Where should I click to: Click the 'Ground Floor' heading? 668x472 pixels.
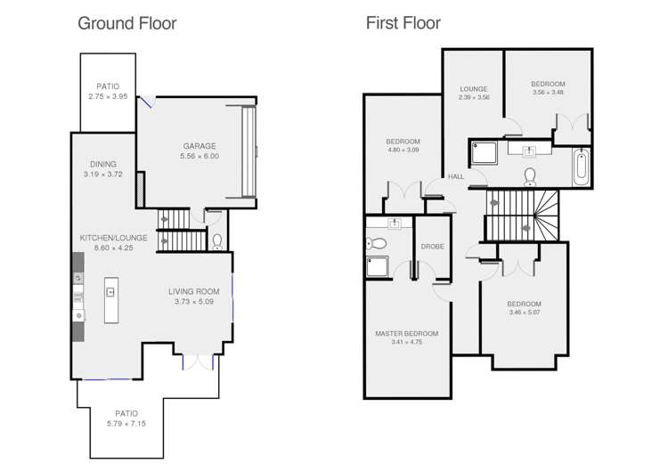tap(126, 23)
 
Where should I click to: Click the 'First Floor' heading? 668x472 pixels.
tap(403, 23)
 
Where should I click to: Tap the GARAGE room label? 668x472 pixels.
tap(200, 146)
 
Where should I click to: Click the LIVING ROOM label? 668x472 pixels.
tap(193, 291)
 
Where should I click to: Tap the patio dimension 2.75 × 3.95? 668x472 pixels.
tap(108, 96)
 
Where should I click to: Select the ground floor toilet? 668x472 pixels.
tap(217, 240)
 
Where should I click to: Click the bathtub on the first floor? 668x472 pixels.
tap(581, 167)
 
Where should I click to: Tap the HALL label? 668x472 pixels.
tap(456, 176)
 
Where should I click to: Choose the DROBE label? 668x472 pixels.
tap(433, 246)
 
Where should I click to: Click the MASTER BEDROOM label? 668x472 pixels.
tap(406, 333)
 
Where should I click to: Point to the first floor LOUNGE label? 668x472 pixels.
tap(472, 88)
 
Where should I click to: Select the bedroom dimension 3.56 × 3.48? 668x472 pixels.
tap(548, 93)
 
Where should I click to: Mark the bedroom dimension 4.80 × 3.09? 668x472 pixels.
tap(403, 151)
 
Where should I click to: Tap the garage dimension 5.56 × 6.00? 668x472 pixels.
tap(200, 156)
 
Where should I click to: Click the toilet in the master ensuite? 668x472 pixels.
tap(376, 243)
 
